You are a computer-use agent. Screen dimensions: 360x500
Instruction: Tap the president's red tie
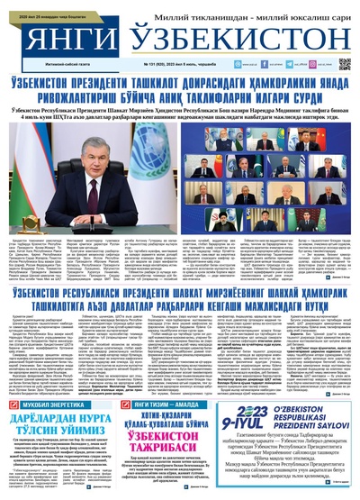100,177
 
